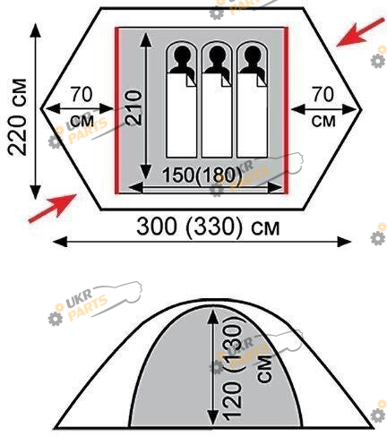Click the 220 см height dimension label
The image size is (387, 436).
(x=17, y=117)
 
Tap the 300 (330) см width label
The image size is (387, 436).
(x=208, y=227)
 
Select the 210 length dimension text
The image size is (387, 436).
(x=133, y=108)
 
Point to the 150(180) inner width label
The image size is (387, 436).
(x=202, y=175)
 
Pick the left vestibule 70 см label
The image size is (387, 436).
(x=82, y=107)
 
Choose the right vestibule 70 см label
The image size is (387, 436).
(x=323, y=107)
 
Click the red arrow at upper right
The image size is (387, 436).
(x=360, y=32)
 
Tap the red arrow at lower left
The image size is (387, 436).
(x=53, y=208)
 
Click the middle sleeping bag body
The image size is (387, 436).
(x=217, y=115)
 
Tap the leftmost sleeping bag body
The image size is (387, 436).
(x=182, y=115)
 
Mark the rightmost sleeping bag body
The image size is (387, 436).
(x=253, y=115)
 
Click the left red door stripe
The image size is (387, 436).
(x=117, y=110)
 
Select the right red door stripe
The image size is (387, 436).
(x=286, y=110)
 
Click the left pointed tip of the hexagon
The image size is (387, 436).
(x=41, y=108)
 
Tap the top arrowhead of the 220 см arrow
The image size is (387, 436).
(x=36, y=30)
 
